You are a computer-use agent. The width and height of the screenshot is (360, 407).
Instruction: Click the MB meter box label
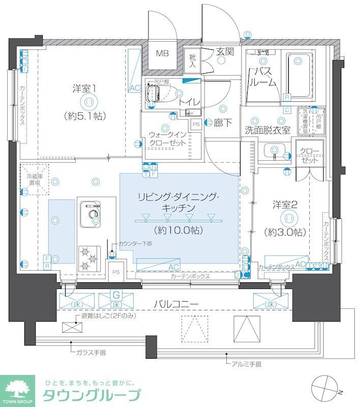162,53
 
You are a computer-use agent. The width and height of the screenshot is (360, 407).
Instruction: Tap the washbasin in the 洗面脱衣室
275,151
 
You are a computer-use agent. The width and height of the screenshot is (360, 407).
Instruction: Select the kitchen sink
90,214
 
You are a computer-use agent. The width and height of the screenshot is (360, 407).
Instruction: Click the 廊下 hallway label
223,122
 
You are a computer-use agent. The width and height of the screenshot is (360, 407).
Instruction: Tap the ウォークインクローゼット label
168,138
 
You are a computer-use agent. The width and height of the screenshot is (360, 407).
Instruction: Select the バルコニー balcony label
176,304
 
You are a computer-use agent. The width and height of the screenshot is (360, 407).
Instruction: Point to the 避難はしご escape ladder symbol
69,327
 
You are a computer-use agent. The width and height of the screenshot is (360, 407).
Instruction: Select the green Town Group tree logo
17,388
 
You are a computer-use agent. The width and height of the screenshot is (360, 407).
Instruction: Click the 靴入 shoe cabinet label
193,62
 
